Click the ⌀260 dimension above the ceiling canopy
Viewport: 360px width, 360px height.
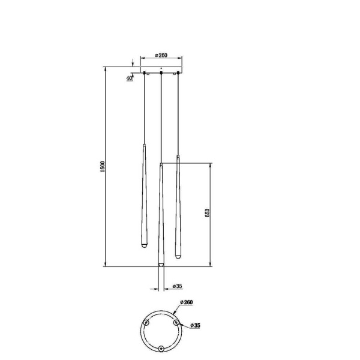pyautogui.click(x=160, y=55)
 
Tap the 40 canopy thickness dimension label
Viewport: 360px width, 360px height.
pyautogui.click(x=130, y=79)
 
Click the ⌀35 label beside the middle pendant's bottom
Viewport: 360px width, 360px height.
pyautogui.click(x=176, y=286)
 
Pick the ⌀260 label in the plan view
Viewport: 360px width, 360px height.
pyautogui.click(x=185, y=304)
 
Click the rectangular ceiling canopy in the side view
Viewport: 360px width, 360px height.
pyautogui.click(x=161, y=69)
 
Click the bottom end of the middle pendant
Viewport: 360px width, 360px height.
pyautogui.click(x=161, y=265)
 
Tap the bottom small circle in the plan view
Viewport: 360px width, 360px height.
pyautogui.click(x=161, y=348)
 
